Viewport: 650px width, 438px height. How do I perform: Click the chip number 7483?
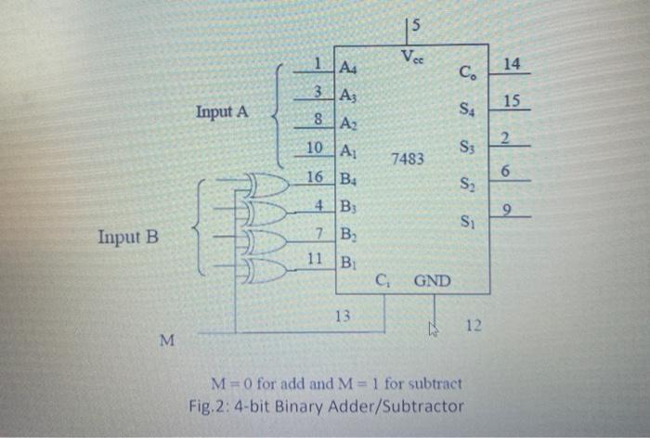tap(408, 160)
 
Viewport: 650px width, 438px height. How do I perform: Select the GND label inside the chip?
tap(432, 278)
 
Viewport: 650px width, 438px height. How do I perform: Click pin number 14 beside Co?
tap(512, 63)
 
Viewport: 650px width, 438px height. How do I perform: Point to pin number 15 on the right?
tap(512, 99)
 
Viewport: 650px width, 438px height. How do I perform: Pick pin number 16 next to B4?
tap(315, 176)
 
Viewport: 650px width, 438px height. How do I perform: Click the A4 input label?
tap(350, 68)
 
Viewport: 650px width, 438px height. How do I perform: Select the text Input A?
tap(222, 111)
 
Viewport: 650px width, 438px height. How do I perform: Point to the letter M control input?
tap(165, 341)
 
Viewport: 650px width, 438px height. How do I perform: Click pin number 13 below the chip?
tap(343, 316)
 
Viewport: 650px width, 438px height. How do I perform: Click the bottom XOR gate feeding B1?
tap(266, 270)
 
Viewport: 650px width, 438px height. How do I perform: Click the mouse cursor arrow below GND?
tap(432, 327)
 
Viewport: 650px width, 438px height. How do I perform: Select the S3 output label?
tap(471, 148)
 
